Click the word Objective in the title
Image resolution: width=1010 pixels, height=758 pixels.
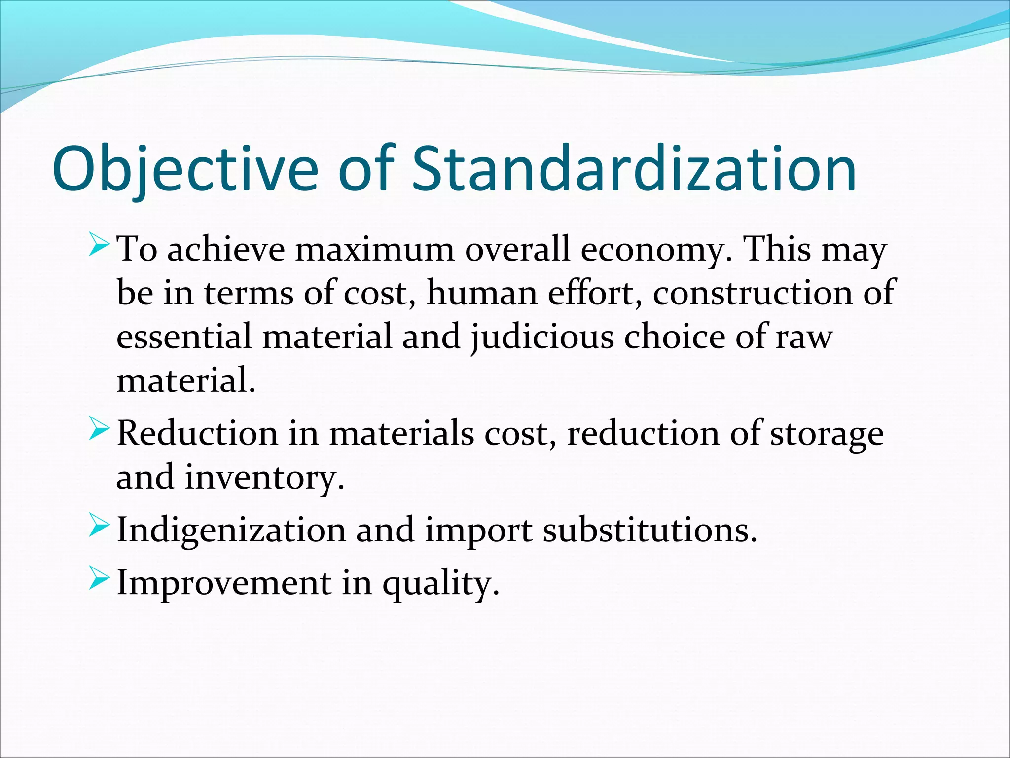[x=185, y=169]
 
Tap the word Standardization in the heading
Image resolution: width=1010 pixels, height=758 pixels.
[x=634, y=169]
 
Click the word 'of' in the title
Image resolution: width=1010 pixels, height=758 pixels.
[x=366, y=169]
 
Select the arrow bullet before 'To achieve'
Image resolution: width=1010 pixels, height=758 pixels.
[x=99, y=246]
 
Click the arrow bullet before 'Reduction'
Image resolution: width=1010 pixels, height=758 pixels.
[x=99, y=430]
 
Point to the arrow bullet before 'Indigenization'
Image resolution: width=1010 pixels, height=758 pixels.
[x=99, y=527]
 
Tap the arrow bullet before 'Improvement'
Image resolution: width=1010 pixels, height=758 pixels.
[x=99, y=580]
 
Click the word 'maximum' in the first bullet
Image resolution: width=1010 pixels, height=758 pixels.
[x=374, y=249]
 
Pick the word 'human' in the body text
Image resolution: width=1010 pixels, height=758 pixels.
[x=481, y=293]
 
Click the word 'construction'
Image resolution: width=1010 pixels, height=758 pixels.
[x=753, y=293]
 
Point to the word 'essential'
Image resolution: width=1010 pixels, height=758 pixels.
[x=184, y=337]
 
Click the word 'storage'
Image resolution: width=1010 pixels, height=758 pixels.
[x=827, y=435]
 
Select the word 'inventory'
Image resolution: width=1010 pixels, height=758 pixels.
[x=264, y=478]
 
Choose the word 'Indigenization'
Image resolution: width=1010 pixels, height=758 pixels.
[x=231, y=531]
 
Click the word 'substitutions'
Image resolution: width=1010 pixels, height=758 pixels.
[x=649, y=530]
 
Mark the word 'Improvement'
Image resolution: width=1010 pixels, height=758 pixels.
[x=224, y=583]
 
